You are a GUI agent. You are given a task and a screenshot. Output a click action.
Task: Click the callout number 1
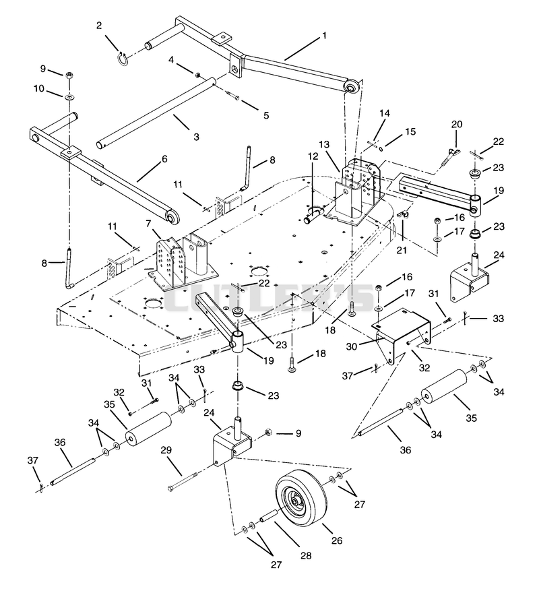tap(324, 36)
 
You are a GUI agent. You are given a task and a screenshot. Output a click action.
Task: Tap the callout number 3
tap(196, 137)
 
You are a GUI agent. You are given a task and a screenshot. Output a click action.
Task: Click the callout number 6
tap(164, 159)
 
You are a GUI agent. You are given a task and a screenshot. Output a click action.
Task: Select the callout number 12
tap(313, 156)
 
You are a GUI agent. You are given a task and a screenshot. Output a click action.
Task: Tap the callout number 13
tap(324, 145)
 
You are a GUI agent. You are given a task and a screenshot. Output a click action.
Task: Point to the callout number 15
tap(410, 132)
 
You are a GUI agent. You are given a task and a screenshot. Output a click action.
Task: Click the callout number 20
tap(457, 125)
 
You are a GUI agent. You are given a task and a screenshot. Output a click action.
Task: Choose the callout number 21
tap(402, 250)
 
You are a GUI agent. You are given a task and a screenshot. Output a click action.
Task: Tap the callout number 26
tap(337, 540)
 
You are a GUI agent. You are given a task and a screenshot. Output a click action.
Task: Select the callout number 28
tap(306, 556)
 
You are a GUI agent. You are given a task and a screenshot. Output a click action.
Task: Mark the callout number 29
tap(166, 450)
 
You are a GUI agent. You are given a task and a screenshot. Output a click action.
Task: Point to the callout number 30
tap(351, 347)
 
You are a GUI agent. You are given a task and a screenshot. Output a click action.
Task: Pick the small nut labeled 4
tap(198, 75)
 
